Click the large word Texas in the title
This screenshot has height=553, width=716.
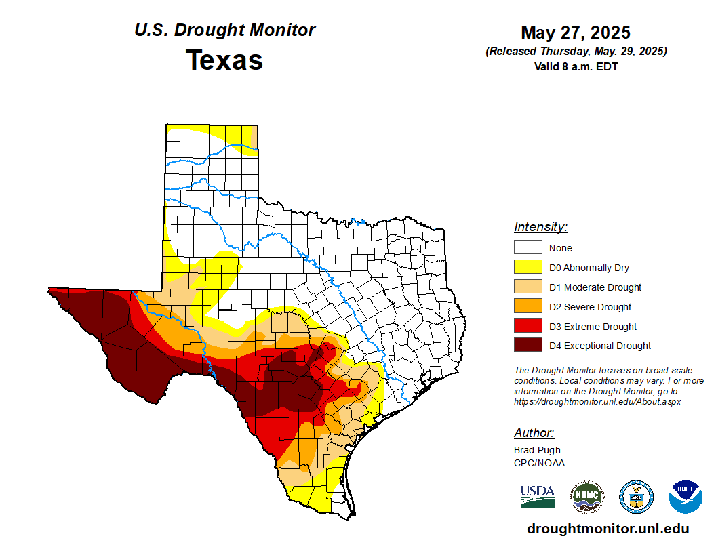click(x=224, y=60)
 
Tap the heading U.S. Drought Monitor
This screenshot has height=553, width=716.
click(x=224, y=30)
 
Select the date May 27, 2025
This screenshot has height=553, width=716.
click(x=576, y=33)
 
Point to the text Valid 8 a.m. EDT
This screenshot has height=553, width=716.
click(x=576, y=66)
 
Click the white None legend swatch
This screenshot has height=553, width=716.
click(x=528, y=248)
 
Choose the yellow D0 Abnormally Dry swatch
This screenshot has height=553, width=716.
click(x=528, y=268)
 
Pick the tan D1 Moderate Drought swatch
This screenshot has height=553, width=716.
click(x=528, y=287)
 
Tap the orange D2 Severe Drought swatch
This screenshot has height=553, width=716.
click(x=528, y=307)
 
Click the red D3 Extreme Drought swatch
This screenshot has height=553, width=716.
click(x=528, y=327)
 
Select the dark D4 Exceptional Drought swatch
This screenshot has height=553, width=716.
click(x=528, y=346)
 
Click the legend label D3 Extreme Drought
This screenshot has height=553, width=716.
click(x=593, y=327)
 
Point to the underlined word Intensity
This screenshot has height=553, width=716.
click(x=540, y=227)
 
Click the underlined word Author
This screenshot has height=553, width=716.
click(x=534, y=433)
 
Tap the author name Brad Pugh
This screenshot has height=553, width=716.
click(x=537, y=450)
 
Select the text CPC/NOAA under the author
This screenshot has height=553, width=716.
click(x=539, y=463)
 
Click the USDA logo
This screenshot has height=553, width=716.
click(x=538, y=496)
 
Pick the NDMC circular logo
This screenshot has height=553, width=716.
click(x=586, y=497)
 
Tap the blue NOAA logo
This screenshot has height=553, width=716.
click(x=685, y=497)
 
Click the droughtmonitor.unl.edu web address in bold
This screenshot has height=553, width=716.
click(x=608, y=529)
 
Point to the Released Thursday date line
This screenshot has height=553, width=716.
click(x=576, y=52)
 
